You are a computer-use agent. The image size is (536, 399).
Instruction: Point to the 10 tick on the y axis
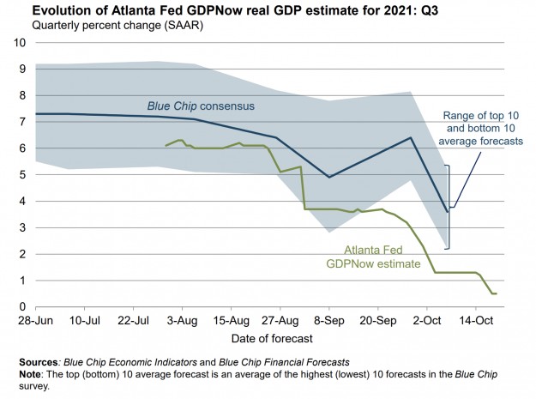16,42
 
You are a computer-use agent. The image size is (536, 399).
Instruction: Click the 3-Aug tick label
181,321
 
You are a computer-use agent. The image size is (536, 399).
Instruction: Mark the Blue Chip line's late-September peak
410,137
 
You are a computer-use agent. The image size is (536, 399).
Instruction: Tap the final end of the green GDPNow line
496,293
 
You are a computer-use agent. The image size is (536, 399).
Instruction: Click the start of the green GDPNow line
166,146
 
